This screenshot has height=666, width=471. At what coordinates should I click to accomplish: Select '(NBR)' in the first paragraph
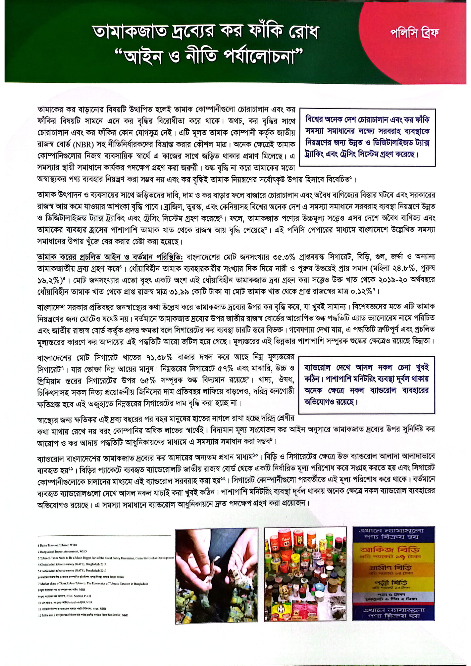click(x=86, y=145)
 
